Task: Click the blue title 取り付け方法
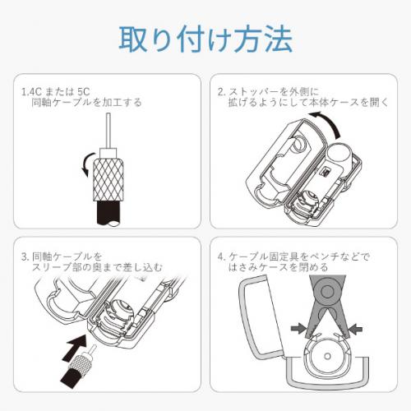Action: [x=205, y=39]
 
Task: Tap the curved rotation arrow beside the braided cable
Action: [x=87, y=164]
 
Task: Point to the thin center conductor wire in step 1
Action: [x=109, y=131]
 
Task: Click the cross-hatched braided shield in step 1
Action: [x=109, y=180]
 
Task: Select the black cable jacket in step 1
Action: [x=109, y=213]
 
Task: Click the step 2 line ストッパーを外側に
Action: [x=273, y=91]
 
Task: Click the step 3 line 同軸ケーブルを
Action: [x=67, y=256]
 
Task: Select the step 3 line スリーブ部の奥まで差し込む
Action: [x=97, y=267]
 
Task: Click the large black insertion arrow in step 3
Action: [x=75, y=347]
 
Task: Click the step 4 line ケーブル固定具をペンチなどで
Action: [x=299, y=256]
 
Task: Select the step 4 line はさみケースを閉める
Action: [x=278, y=267]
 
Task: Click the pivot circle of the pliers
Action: [x=326, y=291]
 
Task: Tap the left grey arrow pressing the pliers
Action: [x=298, y=327]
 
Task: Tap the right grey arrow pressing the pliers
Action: [x=356, y=328]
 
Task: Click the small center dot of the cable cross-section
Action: [x=327, y=357]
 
